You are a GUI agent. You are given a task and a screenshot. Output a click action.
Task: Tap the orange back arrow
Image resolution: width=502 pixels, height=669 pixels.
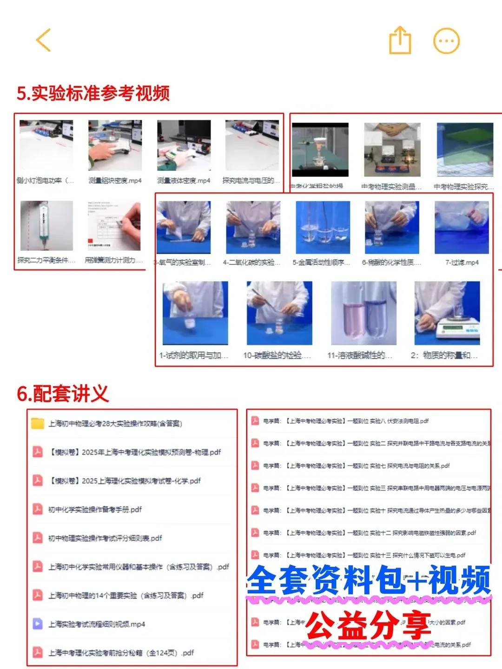coord(43,40)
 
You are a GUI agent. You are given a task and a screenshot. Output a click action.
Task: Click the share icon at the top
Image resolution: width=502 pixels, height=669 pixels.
coord(400,41)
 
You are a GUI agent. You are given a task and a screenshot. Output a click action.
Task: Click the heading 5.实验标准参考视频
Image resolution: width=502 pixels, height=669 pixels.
coord(93,93)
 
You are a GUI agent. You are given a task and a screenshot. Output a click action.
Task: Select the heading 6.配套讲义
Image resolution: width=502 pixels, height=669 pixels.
coord(63,394)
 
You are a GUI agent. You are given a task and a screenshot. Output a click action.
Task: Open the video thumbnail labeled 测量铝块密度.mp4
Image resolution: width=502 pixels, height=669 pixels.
coord(115,146)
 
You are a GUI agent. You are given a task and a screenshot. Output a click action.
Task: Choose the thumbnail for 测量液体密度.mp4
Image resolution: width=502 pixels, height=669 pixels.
coord(184,146)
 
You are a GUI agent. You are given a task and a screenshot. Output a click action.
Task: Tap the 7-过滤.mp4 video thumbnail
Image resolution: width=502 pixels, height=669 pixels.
coord(462,227)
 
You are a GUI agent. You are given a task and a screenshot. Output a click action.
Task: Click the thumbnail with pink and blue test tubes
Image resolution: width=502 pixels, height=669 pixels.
coord(363,313)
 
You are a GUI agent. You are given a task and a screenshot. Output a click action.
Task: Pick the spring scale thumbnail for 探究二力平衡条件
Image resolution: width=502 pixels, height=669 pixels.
coord(46,226)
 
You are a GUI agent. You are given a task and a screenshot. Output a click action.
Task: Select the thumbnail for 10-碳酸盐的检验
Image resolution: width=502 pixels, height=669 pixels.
coord(279,313)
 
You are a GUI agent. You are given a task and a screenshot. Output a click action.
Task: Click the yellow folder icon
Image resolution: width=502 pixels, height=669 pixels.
coord(37,423)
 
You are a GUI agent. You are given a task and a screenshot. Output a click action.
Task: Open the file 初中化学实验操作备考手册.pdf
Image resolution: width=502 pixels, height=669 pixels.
coord(95,510)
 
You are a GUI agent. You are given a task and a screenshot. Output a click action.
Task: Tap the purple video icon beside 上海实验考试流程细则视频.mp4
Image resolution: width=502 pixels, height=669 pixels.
coord(37,624)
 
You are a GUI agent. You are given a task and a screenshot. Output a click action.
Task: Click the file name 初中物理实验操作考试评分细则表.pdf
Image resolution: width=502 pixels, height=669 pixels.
coord(105,538)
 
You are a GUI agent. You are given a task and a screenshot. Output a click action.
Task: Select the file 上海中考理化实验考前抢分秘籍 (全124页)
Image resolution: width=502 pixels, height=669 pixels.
coord(121,653)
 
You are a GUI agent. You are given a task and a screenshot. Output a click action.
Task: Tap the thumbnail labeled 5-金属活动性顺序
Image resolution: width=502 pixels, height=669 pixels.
coord(323,227)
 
